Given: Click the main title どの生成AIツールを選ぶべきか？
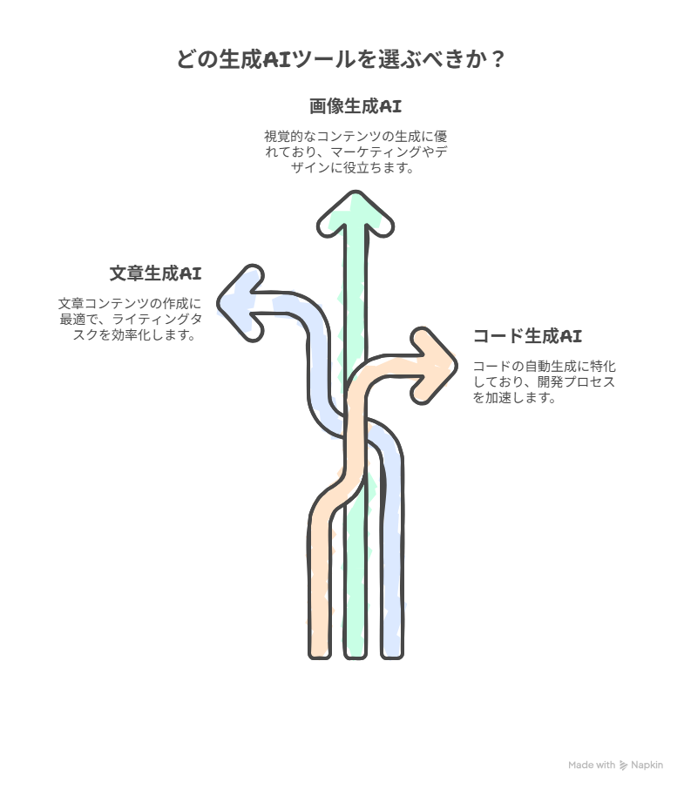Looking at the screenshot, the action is point(341,59).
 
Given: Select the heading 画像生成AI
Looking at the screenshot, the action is point(356,106).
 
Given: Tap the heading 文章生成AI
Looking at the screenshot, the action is point(155,273).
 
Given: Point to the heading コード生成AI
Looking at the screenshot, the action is point(527,335).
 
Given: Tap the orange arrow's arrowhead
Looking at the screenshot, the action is point(434,366).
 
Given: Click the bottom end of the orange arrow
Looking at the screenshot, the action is point(320,655).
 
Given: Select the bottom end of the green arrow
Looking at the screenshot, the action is point(356,655).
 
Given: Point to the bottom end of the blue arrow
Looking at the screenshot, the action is point(392,655).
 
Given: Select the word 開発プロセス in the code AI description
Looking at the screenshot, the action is point(576,382).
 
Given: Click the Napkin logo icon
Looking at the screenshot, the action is point(623,765).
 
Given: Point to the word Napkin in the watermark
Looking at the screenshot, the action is point(647,765).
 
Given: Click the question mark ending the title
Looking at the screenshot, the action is point(497,59).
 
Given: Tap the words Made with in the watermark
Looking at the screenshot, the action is point(592,765).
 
